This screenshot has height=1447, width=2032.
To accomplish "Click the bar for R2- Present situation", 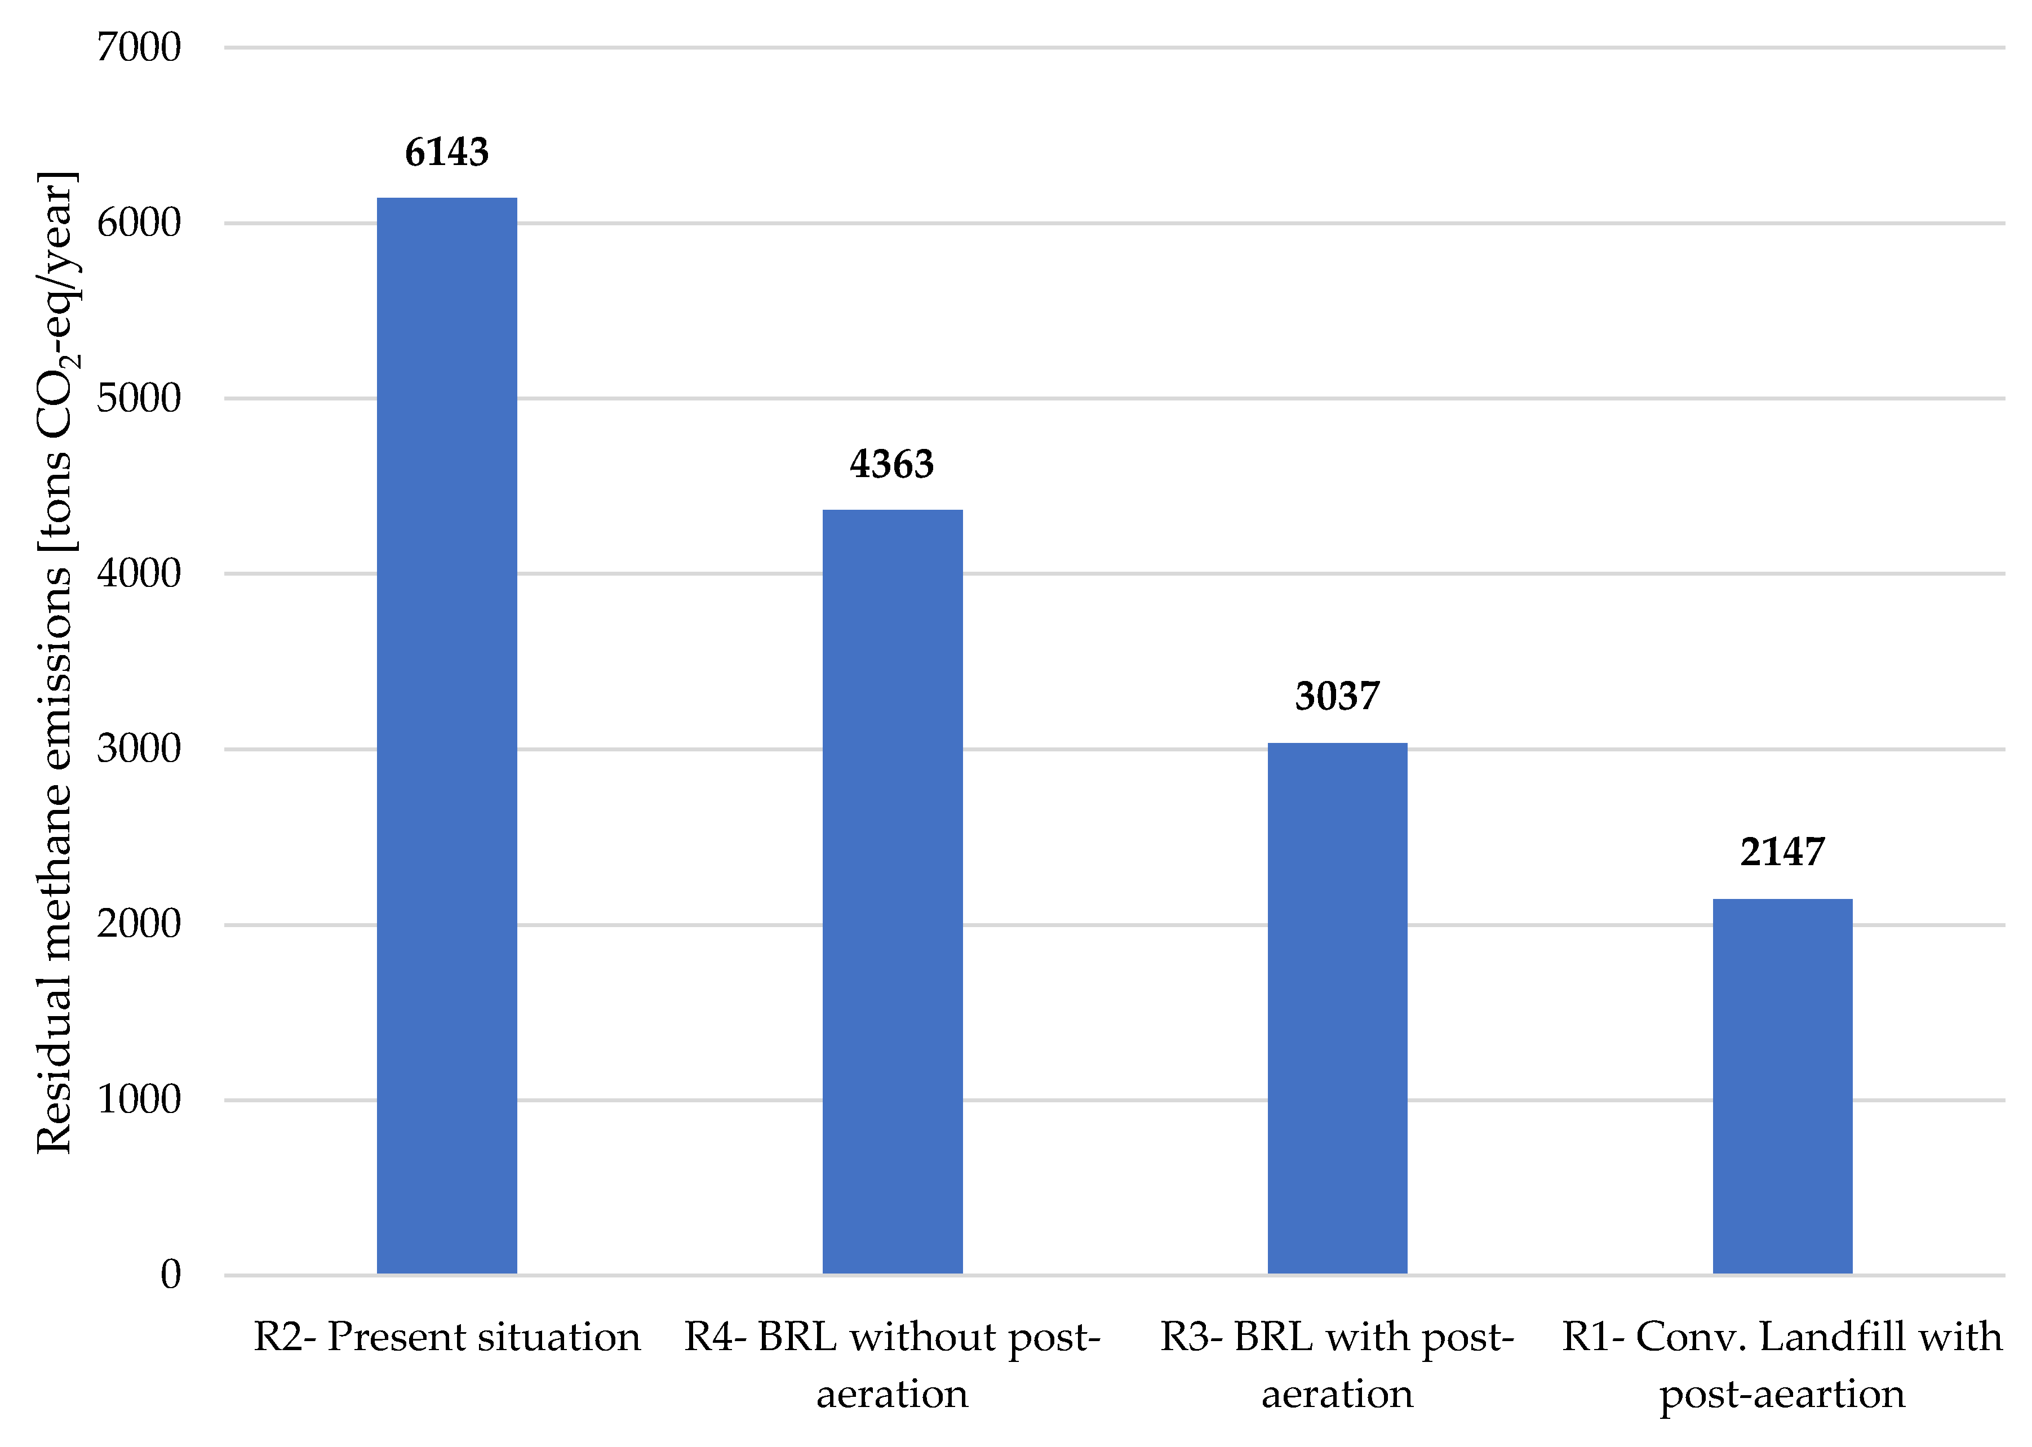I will [446, 735].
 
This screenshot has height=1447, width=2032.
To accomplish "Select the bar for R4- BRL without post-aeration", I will [892, 891].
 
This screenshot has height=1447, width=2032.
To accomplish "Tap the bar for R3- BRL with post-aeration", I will [1337, 1008].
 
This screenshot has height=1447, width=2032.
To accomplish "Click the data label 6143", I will [446, 153].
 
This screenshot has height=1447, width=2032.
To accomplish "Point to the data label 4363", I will [891, 464].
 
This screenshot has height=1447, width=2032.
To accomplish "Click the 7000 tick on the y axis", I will [139, 47].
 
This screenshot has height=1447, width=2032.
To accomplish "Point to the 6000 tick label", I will [139, 222].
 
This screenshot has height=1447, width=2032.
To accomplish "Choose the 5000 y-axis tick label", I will [139, 398].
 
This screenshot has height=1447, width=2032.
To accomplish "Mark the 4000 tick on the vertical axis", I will [139, 573].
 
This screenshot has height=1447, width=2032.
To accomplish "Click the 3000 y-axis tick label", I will [139, 749].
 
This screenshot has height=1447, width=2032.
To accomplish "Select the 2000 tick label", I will [139, 924].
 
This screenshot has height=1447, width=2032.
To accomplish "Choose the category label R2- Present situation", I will [446, 1337].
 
